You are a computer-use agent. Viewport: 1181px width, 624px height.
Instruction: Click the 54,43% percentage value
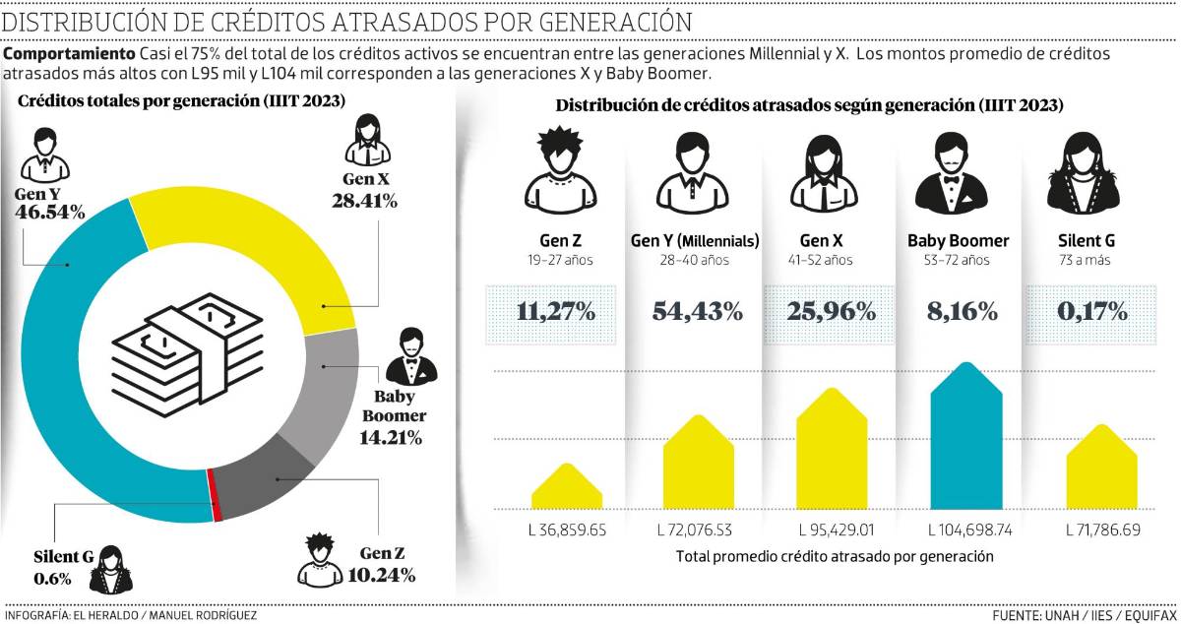[698, 312]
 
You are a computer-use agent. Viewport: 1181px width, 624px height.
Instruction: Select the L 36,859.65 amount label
[567, 530]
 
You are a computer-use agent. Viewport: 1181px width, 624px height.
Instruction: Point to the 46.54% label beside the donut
[49, 212]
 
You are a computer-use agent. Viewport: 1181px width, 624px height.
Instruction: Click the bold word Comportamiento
[67, 53]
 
